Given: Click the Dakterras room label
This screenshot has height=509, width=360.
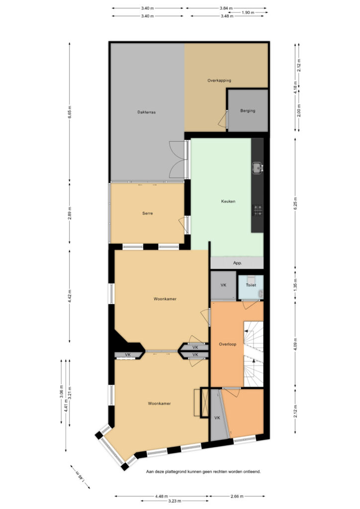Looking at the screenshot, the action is tap(146, 112).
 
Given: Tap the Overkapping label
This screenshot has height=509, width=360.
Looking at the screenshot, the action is tap(219, 81).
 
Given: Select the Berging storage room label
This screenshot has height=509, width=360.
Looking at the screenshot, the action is tap(248, 111).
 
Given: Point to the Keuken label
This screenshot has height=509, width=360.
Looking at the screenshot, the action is tap(228, 201).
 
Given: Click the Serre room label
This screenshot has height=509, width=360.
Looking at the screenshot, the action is tap(147, 213).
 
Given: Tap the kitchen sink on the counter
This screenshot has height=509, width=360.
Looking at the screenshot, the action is tap(258, 168).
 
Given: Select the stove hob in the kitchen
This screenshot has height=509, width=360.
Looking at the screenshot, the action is tap(258, 210).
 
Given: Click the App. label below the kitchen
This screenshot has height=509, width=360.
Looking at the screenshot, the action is tap(237, 263).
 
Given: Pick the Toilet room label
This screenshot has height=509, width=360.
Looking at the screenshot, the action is tap(251, 285).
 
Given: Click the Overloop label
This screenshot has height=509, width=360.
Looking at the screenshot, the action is tap(228, 344).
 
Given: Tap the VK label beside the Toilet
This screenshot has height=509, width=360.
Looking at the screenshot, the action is tap(223, 285).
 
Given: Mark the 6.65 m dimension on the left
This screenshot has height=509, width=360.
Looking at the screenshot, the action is tap(70, 112).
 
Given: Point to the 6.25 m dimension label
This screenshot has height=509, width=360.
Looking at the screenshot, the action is tap(295, 203).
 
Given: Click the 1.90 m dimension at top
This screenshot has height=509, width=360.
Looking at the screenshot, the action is tap(248, 12).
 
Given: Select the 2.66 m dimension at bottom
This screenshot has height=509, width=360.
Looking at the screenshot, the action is tap(237, 496).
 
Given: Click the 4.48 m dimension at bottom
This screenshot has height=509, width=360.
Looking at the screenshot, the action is tap(161, 496).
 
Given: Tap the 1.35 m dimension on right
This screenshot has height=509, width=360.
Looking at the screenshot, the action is tap(295, 285).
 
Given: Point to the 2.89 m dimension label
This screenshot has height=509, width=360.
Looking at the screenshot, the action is tap(70, 213).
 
